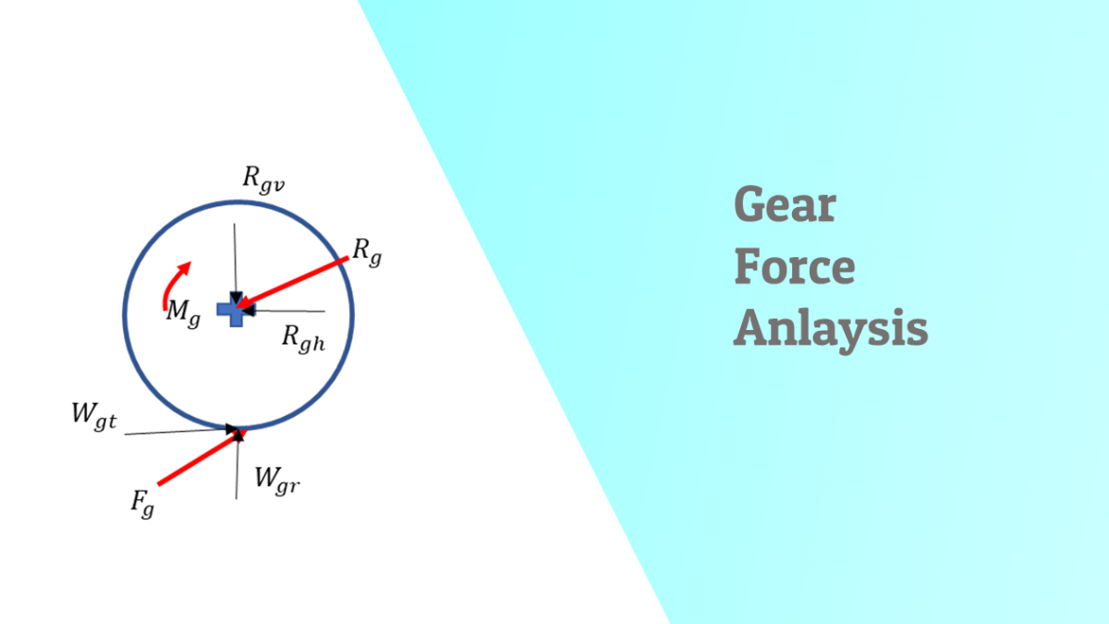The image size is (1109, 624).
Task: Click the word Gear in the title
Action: click(785, 205)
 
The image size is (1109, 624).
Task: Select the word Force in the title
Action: click(795, 266)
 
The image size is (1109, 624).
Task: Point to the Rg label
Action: click(367, 250)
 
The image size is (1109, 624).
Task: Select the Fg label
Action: click(141, 504)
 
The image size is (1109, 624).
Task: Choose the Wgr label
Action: click(277, 479)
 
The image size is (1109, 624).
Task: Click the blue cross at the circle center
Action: click(234, 312)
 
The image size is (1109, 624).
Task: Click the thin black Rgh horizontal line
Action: click(286, 311)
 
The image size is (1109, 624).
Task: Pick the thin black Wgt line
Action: click(176, 431)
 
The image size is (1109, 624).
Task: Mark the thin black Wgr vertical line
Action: click(238, 467)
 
